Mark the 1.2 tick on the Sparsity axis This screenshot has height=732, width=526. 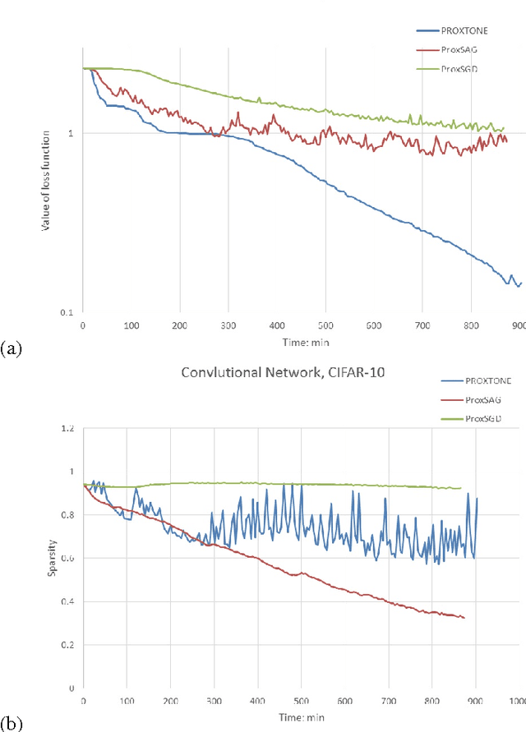(67, 429)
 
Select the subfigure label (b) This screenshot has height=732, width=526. (12, 724)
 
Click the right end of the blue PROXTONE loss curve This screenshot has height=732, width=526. (520, 283)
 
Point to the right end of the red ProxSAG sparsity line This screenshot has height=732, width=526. (464, 618)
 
